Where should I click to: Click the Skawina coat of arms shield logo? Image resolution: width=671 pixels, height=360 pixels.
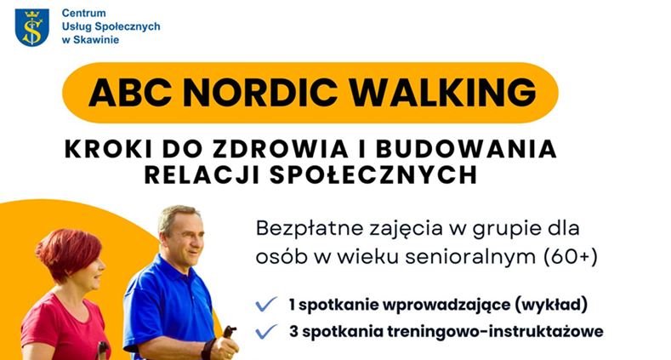pyautogui.click(x=32, y=27)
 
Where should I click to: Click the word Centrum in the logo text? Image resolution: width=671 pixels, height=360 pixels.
pyautogui.click(x=84, y=14)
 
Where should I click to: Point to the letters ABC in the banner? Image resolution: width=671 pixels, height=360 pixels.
pyautogui.click(x=130, y=92)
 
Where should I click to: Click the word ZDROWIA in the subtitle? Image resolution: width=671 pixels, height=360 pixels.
pyautogui.click(x=281, y=150)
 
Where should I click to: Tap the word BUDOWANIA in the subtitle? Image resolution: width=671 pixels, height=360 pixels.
pyautogui.click(x=466, y=150)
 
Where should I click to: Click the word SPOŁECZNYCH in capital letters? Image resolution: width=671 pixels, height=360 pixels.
pyautogui.click(x=373, y=174)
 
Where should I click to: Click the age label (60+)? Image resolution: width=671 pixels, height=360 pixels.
pyautogui.click(x=571, y=256)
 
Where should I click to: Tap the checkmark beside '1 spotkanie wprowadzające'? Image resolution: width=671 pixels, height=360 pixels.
pyautogui.click(x=266, y=305)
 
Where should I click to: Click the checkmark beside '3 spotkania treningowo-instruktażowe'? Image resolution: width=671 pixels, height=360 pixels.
pyautogui.click(x=266, y=331)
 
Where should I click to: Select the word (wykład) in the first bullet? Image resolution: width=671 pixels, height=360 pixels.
pyautogui.click(x=551, y=305)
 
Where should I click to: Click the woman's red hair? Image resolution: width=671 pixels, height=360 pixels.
pyautogui.click(x=70, y=254)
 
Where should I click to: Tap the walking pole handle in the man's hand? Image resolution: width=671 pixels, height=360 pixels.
pyautogui.click(x=229, y=332)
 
